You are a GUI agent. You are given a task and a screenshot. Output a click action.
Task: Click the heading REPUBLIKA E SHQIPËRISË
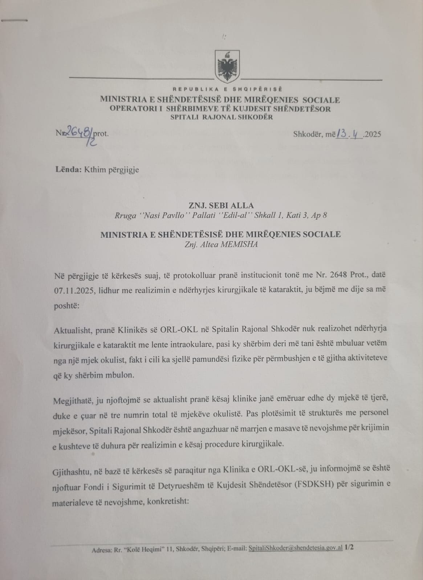click(x=227, y=89)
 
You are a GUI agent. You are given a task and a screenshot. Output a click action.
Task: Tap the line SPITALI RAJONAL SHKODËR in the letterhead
click(x=222, y=117)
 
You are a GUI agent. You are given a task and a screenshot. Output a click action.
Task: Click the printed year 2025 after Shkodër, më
click(x=373, y=134)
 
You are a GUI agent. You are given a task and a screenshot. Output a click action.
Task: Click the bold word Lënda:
click(x=69, y=169)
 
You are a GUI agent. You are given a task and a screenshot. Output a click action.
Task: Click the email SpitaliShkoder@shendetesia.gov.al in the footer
click(x=295, y=548)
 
